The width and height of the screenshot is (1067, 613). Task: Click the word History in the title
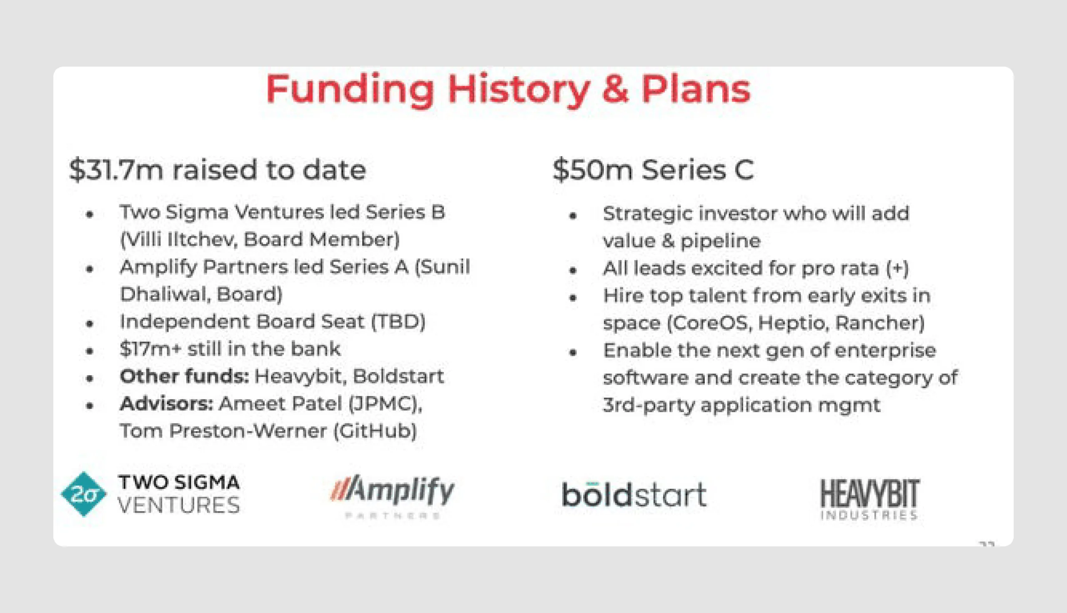coord(518,90)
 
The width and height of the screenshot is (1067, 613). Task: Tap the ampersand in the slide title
coord(616,90)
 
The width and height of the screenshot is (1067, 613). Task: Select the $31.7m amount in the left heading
coord(116,169)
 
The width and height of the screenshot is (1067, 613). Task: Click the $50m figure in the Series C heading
coord(592,169)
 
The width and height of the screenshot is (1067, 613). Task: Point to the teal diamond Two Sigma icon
coord(84,494)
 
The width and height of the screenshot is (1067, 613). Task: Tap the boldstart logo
coord(634,495)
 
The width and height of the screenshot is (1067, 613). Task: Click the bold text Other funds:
coord(184,376)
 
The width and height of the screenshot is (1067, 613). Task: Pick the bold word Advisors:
coord(166,404)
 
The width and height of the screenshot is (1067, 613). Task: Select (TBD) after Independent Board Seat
coord(398,321)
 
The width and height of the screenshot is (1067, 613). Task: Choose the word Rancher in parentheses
coord(879,323)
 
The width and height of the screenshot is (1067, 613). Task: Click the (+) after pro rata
coord(897,268)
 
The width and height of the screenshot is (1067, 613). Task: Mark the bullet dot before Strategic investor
coord(572,216)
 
